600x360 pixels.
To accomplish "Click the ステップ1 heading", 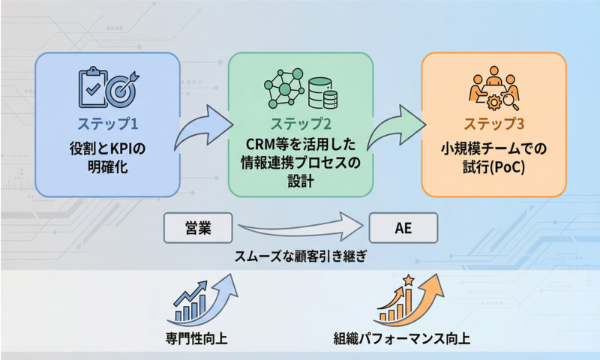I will point(108,122).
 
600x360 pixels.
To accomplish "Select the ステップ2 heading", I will point(301,122).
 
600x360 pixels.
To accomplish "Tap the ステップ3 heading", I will point(493,122).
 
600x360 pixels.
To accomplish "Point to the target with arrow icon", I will point(121,89).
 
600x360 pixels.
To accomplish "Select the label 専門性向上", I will point(196,337).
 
